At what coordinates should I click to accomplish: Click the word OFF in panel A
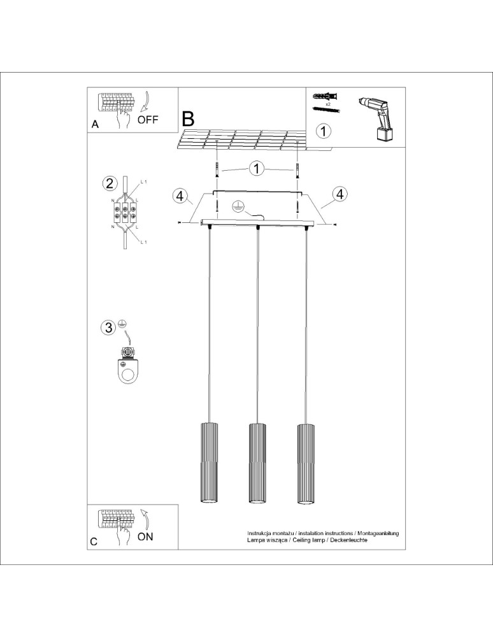point(148,119)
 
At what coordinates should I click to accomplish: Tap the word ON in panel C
point(145,536)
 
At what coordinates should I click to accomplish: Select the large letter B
point(189,118)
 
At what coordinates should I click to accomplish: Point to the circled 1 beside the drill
point(324,131)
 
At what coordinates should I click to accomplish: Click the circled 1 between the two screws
point(257,169)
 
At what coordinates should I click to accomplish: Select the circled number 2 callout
point(110,184)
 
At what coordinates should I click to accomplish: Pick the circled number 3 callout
point(110,327)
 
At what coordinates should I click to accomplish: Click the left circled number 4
point(181,195)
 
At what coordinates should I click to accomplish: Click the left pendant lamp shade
point(208,463)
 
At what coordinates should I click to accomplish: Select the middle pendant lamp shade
point(257,463)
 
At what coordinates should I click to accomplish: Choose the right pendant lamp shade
point(306,463)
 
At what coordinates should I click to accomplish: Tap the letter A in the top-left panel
point(95,125)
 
